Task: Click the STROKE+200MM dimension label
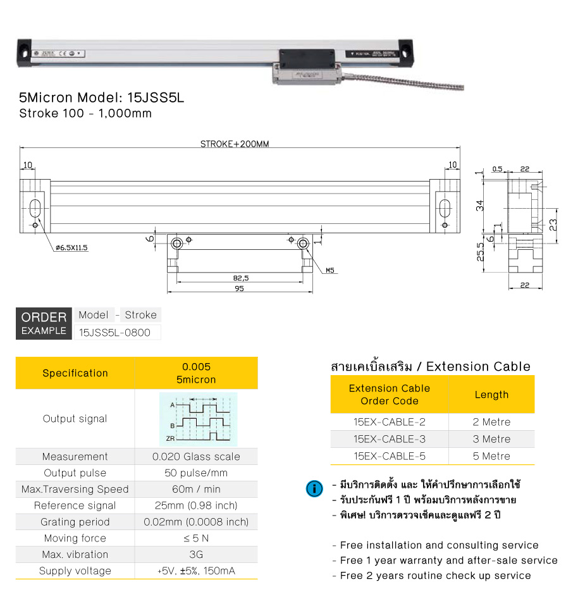pos(235,144)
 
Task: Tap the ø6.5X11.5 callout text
pos(71,248)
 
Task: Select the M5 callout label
pos(330,271)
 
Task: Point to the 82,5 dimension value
pos(241,278)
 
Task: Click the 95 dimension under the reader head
pos(239,288)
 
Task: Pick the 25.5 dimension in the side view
pos(481,252)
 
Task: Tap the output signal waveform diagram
pos(196,419)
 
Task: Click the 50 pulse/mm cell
pos(196,473)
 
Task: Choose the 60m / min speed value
pos(196,490)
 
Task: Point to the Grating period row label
pos(75,523)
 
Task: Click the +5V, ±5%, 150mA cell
pos(196,571)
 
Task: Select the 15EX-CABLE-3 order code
pos(389,439)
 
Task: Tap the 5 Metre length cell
pos(491,456)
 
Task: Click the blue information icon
pos(313,488)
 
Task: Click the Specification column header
pos(75,373)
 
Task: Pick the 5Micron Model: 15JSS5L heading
pos(102,98)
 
